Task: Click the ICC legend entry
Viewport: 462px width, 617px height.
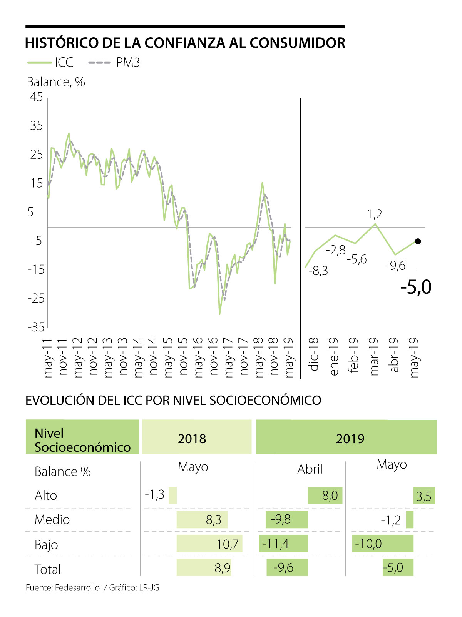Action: [50, 62]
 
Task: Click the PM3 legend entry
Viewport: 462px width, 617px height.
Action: [114, 62]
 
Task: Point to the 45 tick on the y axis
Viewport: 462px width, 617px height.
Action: [37, 97]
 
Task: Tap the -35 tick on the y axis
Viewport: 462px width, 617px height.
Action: [36, 327]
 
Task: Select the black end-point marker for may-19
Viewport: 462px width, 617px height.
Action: [418, 241]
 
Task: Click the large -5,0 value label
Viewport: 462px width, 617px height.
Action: [416, 287]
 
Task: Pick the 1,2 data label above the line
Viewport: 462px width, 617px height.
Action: [375, 214]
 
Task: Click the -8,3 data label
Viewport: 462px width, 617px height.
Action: [318, 271]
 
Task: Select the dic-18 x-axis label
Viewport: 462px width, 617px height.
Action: [314, 354]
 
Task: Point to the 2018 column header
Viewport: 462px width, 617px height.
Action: [192, 439]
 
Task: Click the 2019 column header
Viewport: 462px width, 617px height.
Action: [350, 439]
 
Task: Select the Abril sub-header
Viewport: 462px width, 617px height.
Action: [310, 469]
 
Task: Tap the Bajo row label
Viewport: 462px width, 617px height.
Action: [46, 545]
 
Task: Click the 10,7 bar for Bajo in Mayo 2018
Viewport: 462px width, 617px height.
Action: [209, 544]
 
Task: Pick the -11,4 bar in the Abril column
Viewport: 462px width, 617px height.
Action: [283, 544]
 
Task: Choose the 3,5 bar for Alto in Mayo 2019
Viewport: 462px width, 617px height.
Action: [424, 496]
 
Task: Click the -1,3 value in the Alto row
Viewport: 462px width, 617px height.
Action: [155, 494]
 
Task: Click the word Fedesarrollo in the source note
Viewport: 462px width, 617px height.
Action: [77, 588]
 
